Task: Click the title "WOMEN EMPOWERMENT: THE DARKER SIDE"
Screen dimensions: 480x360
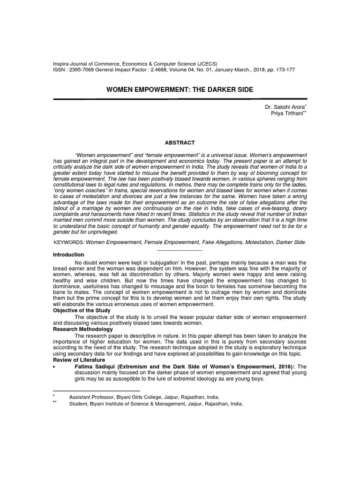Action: coord(180,90)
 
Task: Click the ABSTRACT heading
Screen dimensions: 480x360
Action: coord(180,142)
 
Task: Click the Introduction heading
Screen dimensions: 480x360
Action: coord(68,255)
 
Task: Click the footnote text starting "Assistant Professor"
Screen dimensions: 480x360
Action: coord(144,397)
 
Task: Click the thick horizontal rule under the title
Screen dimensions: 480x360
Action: coord(180,99)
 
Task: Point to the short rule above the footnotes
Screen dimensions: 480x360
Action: coord(97,390)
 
